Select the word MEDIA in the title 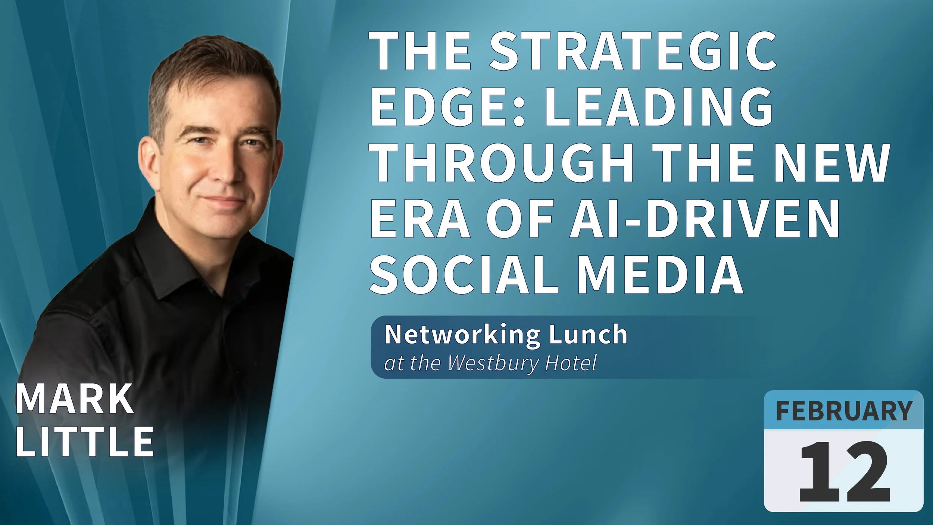(661, 274)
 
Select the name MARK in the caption (75, 400)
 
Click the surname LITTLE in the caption (84, 441)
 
